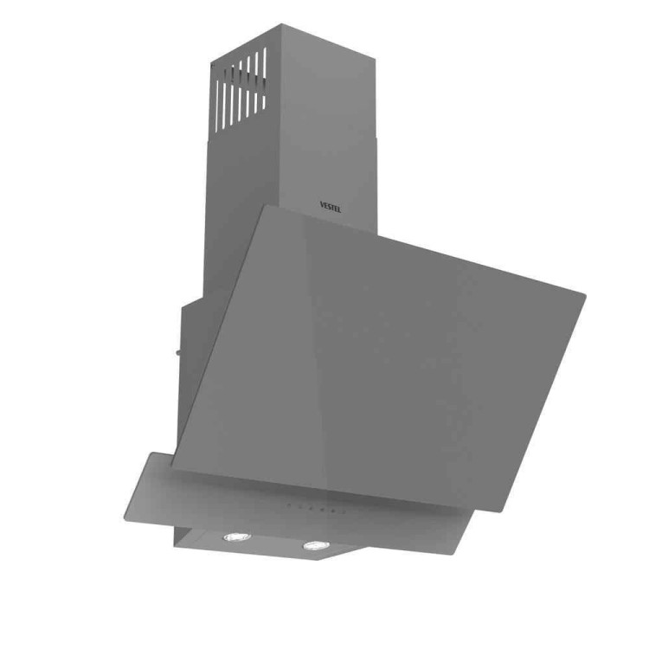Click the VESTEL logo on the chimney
pyautogui.click(x=331, y=207)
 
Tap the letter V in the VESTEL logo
pyautogui.click(x=323, y=204)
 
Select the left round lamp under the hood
pyautogui.click(x=237, y=537)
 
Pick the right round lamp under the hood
pyautogui.click(x=316, y=545)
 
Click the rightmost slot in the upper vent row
pyautogui.click(x=265, y=62)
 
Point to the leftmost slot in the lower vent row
pyautogui.click(x=216, y=106)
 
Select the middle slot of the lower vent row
pyautogui.click(x=240, y=104)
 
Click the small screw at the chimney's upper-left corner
pyautogui.click(x=212, y=65)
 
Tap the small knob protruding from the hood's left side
pyautogui.click(x=178, y=353)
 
